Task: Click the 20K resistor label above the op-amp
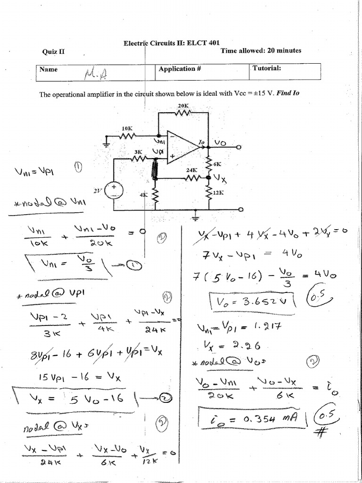(x=183, y=106)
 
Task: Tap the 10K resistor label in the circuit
(x=127, y=128)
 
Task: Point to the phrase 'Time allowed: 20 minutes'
(x=261, y=50)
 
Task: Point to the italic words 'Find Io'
(x=288, y=93)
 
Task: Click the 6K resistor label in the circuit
(x=217, y=164)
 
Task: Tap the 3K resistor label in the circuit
(x=138, y=152)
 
